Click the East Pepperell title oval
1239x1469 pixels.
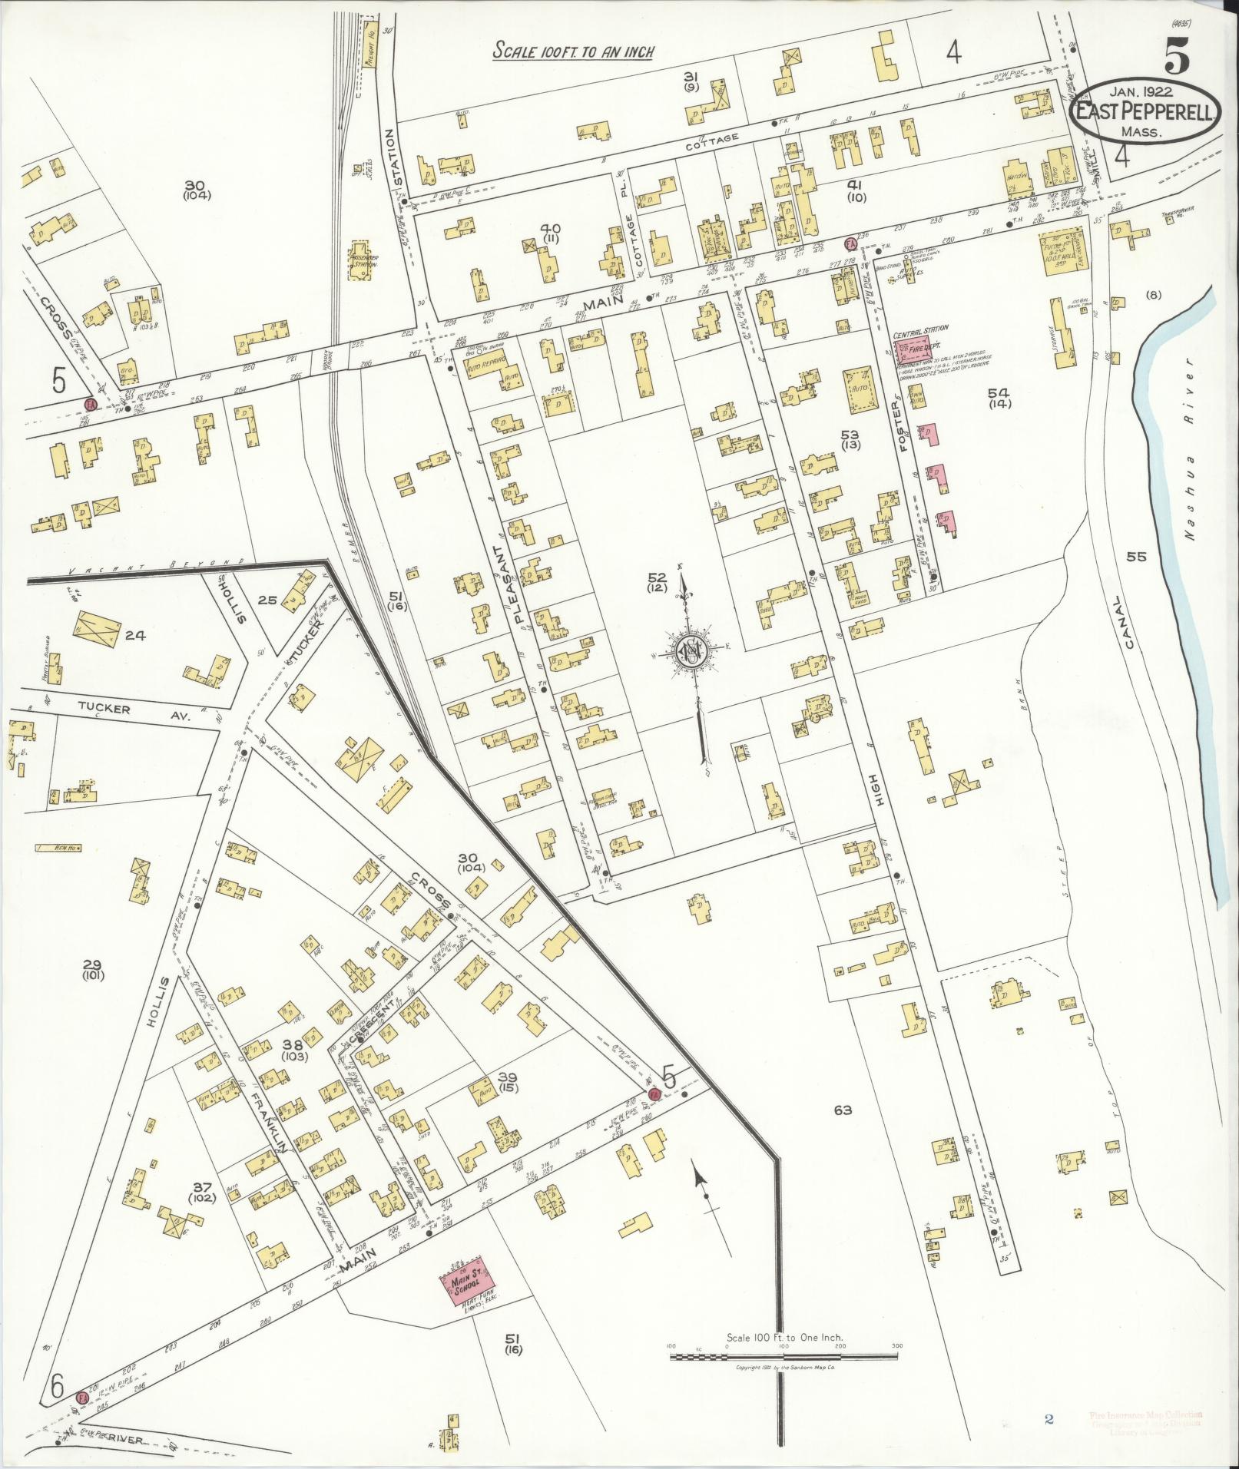(1145, 112)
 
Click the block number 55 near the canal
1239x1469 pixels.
(1135, 557)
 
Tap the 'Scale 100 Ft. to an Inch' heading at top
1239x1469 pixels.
(573, 52)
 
